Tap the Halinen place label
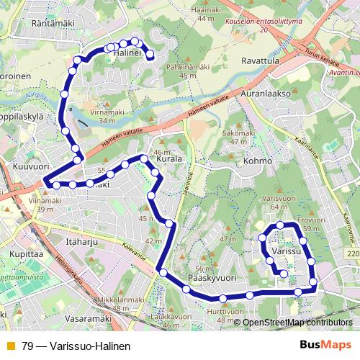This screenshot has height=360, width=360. coord(127,53)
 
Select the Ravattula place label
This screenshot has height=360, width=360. coord(261,62)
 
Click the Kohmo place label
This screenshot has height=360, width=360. coord(258,161)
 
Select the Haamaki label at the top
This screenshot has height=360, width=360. coord(207,9)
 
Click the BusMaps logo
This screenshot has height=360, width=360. coord(325,345)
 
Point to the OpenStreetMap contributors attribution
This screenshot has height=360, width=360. coord(297,323)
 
